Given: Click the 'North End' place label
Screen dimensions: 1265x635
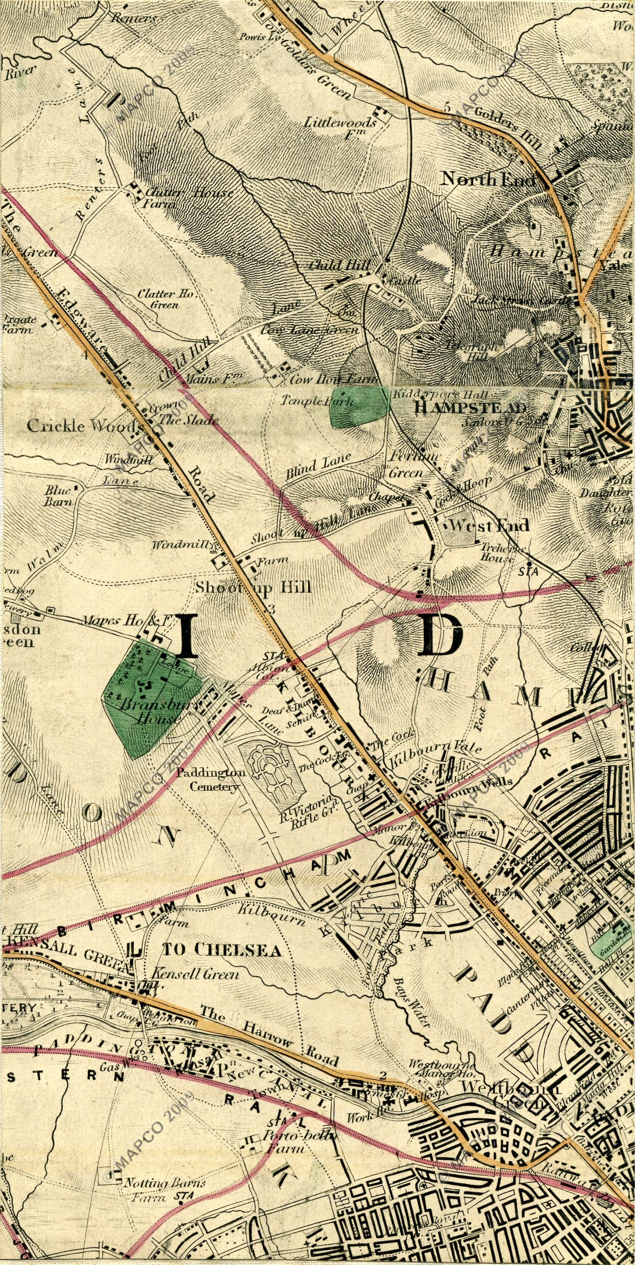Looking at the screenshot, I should [489, 179].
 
